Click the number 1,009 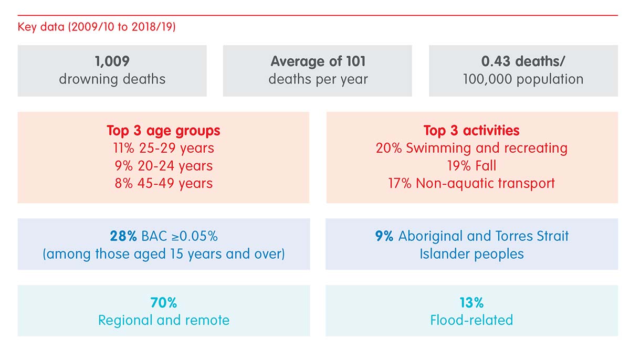(112, 61)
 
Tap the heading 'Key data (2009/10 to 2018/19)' (97, 27)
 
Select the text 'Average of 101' (318, 61)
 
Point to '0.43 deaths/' (523, 61)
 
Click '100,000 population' (523, 79)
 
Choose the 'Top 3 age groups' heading (163, 131)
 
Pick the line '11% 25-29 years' (163, 148)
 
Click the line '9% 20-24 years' (163, 166)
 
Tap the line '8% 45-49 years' (163, 183)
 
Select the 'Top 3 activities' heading (471, 130)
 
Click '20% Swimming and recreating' (471, 148)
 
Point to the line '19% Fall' (471, 165)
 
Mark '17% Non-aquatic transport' (471, 183)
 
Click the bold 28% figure (123, 236)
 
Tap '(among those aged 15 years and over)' (163, 254)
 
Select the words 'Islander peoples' (471, 254)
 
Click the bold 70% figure (163, 303)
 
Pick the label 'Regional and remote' (163, 320)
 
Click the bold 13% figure (471, 303)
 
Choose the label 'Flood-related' (471, 320)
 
